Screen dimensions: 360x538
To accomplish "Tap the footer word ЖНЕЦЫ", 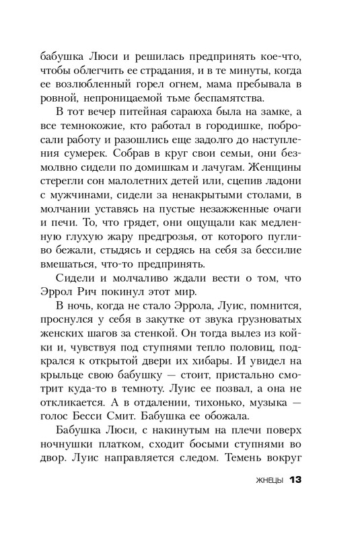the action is point(265,481).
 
